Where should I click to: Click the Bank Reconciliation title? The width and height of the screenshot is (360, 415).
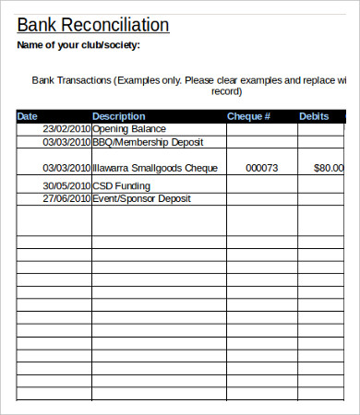coord(93,25)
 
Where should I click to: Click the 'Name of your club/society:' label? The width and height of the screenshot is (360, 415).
coord(79,45)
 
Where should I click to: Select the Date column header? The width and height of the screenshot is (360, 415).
coord(29,116)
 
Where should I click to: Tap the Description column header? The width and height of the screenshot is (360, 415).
coord(119,116)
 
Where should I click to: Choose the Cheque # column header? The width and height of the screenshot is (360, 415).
coord(248,116)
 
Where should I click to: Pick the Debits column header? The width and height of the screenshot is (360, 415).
coord(314,116)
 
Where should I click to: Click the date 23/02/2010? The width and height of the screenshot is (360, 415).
coord(66,129)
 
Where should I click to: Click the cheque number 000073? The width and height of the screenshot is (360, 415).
coord(262,169)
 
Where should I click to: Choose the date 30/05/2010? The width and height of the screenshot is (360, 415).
coord(66,184)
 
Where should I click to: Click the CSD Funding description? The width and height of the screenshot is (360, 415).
coord(121,184)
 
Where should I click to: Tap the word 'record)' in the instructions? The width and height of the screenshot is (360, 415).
coord(226,91)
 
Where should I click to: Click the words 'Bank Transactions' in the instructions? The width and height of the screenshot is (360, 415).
coord(72,80)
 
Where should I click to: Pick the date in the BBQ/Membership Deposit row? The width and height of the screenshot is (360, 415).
coord(66,142)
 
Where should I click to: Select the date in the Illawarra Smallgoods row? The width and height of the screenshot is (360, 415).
coord(66,169)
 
